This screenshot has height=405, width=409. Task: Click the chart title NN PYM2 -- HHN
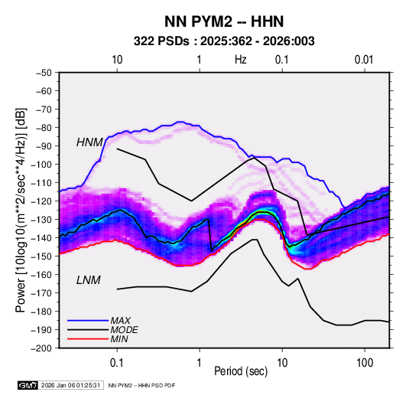(224, 21)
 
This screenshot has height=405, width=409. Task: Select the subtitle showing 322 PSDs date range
(224, 41)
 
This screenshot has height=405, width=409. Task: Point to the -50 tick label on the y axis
(44, 73)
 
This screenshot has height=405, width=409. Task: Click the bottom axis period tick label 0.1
(117, 363)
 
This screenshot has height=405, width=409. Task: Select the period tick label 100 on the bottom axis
(365, 363)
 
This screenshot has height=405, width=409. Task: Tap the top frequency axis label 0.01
(364, 60)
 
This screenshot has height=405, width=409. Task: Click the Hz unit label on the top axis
(241, 60)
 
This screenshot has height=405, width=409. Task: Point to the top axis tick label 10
(117, 60)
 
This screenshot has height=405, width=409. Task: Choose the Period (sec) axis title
(241, 371)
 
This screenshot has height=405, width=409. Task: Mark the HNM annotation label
(89, 142)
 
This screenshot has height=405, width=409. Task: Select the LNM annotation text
(89, 280)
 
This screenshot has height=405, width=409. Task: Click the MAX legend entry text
(120, 321)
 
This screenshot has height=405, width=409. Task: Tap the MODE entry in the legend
(124, 330)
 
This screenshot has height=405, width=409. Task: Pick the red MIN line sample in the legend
(88, 339)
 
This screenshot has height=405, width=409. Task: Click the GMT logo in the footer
(28, 385)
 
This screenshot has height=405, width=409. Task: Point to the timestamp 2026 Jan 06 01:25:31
(70, 385)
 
